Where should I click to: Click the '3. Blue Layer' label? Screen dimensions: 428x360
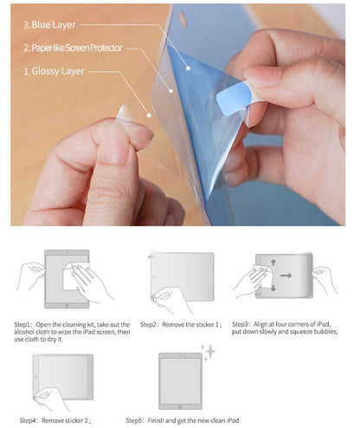53,26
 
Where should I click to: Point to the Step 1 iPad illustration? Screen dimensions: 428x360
66,279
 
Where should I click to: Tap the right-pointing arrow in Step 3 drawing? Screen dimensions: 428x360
286,276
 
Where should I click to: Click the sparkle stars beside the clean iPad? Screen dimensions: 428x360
208,352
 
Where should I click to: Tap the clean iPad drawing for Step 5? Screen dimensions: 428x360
180,379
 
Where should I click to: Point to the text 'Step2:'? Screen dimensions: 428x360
151,323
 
